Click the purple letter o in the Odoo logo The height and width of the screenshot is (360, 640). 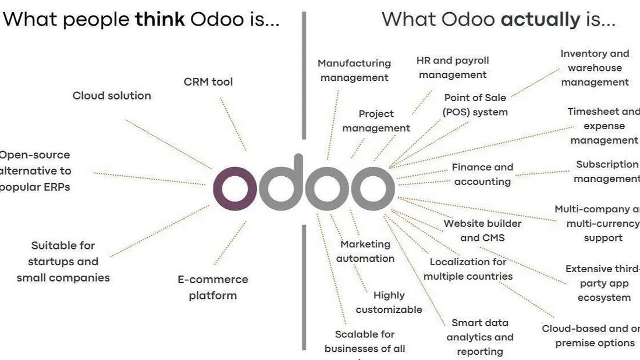click(234, 188)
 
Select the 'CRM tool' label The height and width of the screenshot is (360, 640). click(208, 82)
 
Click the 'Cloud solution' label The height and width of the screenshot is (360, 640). click(112, 96)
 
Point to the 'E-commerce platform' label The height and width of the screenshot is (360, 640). click(213, 287)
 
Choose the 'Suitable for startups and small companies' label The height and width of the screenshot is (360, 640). click(63, 262)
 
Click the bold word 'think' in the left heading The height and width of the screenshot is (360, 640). click(160, 19)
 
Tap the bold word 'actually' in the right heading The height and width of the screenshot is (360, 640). click(541, 19)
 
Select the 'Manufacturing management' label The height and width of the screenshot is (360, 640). click(354, 70)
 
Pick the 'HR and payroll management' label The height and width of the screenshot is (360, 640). click(453, 67)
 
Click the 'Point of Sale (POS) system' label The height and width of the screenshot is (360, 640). click(475, 105)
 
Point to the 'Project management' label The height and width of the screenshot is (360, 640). click(376, 121)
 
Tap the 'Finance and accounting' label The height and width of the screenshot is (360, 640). click(482, 174)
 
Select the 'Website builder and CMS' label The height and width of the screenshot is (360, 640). click(482, 230)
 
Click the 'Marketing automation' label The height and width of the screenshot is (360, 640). click(365, 251)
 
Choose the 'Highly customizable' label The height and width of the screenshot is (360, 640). click(389, 302)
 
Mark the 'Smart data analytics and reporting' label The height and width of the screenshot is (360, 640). click(480, 337)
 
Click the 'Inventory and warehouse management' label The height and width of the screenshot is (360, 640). click(595, 68)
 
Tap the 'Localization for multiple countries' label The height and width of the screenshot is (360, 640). click(468, 269)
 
